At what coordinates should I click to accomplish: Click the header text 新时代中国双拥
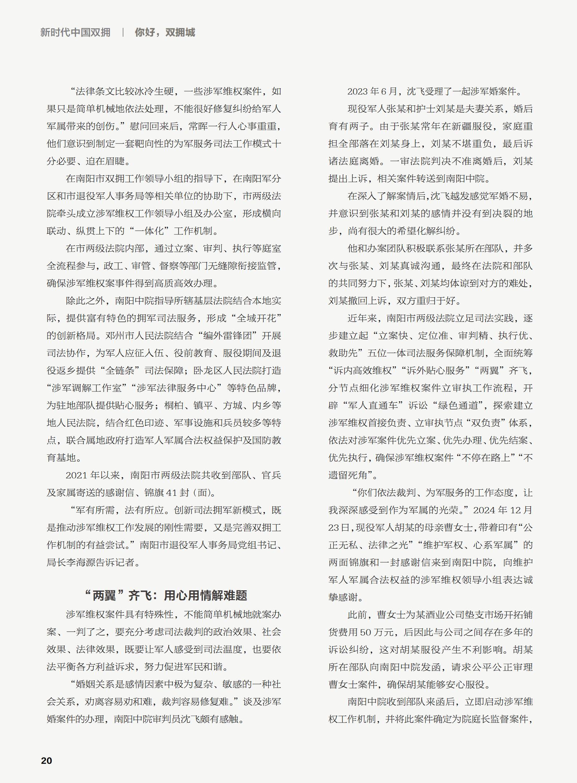75,32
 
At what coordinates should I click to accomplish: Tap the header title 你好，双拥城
165,32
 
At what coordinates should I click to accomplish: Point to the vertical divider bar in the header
123,32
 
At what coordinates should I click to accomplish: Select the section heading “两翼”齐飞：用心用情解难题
165,595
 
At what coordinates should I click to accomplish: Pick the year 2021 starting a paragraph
76,475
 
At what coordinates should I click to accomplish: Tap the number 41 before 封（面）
171,493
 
